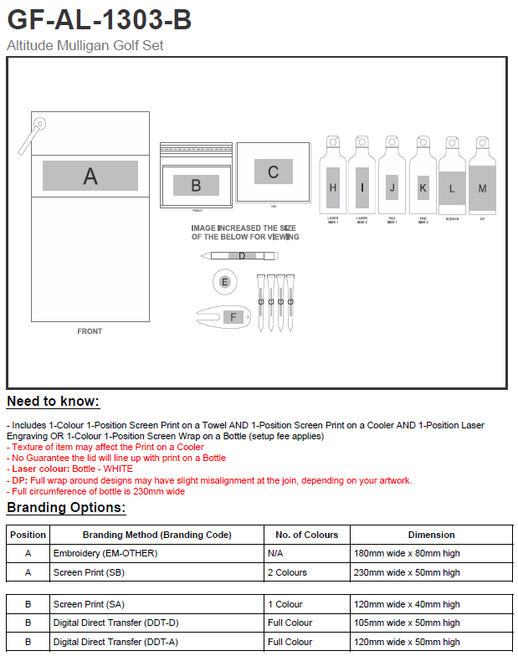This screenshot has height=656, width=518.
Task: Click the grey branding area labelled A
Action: point(90,176)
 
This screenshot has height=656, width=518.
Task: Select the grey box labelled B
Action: point(196,185)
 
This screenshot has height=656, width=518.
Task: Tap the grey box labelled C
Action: point(273,172)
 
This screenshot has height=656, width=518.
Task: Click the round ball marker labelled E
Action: point(224,282)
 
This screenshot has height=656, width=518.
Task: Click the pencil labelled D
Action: point(241,256)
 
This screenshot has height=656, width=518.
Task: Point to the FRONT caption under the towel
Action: point(90,331)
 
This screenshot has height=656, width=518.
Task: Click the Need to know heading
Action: point(53,402)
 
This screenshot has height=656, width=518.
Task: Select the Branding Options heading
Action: point(66,508)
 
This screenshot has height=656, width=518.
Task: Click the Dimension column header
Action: point(431,535)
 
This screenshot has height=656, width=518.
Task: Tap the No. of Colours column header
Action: point(307,535)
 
